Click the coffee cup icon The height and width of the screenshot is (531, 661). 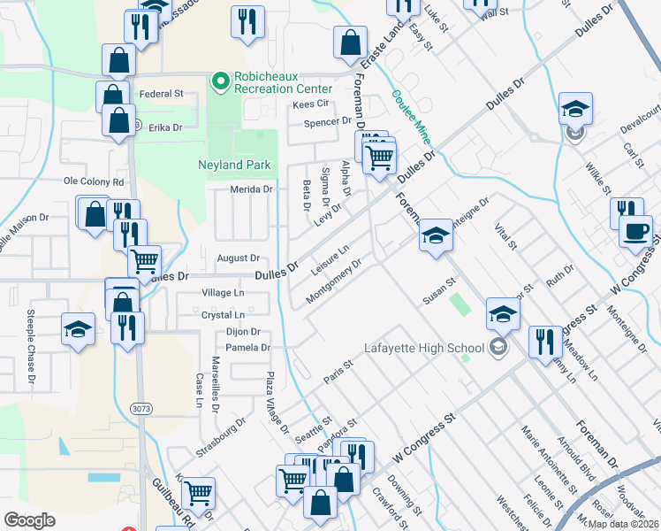click(635, 232)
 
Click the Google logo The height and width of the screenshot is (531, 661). click(29, 520)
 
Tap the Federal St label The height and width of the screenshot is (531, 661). click(162, 93)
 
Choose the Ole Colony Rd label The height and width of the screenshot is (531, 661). click(93, 181)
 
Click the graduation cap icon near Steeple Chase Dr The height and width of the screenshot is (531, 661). click(79, 329)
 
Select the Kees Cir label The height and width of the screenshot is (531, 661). click(310, 104)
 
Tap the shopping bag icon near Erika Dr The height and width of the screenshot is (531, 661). click(118, 120)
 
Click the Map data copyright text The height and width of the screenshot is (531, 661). click(623, 523)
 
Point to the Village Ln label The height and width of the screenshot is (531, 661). click(223, 293)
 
